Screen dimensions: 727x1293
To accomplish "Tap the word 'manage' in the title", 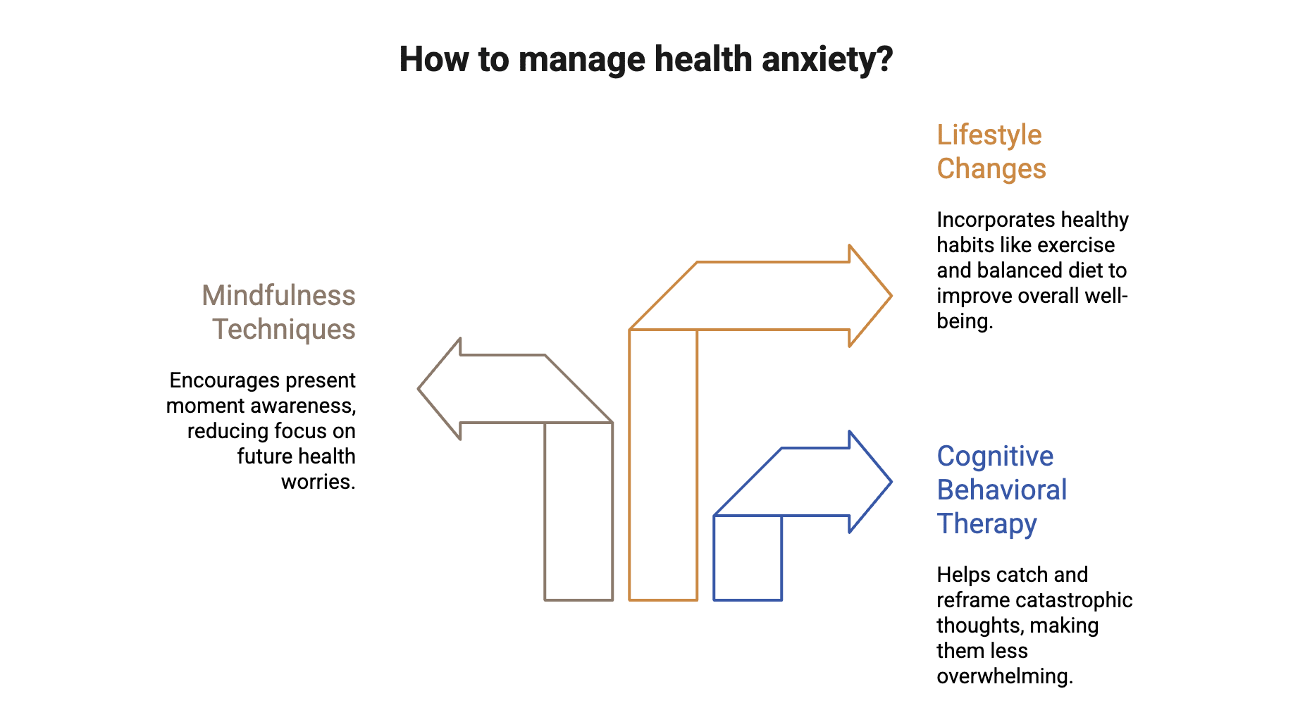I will coord(581,61).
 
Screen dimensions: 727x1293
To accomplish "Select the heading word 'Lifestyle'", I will coord(989,135).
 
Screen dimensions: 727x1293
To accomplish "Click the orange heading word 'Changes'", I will coord(991,169).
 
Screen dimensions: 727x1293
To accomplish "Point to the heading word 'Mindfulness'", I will coord(278,296).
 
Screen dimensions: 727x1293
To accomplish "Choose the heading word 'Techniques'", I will coord(284,330).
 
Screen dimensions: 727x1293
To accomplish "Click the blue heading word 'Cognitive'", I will coord(995,456).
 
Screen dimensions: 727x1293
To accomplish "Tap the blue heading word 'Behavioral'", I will coord(1002,490).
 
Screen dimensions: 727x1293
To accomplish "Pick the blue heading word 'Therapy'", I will coord(986,524).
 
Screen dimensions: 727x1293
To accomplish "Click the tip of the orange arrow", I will coord(889,296).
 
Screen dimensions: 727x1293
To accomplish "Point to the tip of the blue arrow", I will coord(889,483).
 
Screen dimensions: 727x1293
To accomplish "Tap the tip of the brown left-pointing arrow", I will coord(421,389).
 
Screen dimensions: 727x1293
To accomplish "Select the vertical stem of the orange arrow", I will coord(663,465).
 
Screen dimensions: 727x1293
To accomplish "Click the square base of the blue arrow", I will coord(748,558).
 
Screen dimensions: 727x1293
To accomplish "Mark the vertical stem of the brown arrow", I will coord(579,511).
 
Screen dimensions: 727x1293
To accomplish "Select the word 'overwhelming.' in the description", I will coord(1004,676).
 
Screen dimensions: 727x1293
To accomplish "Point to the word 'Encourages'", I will coord(216,380).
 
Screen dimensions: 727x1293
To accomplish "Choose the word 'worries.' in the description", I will coord(318,482).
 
